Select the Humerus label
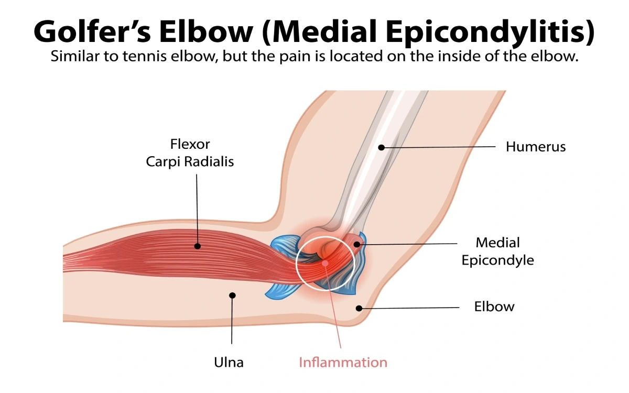click(535, 147)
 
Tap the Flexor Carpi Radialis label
click(190, 152)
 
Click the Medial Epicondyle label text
click(497, 251)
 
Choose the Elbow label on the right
click(494, 307)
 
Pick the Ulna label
click(229, 362)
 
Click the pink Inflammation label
click(343, 362)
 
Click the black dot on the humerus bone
click(382, 148)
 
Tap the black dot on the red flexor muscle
click(197, 246)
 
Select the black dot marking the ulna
click(233, 296)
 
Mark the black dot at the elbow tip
click(358, 308)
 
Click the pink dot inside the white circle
click(325, 263)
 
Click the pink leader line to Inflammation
click(333, 309)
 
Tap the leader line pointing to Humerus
click(440, 148)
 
